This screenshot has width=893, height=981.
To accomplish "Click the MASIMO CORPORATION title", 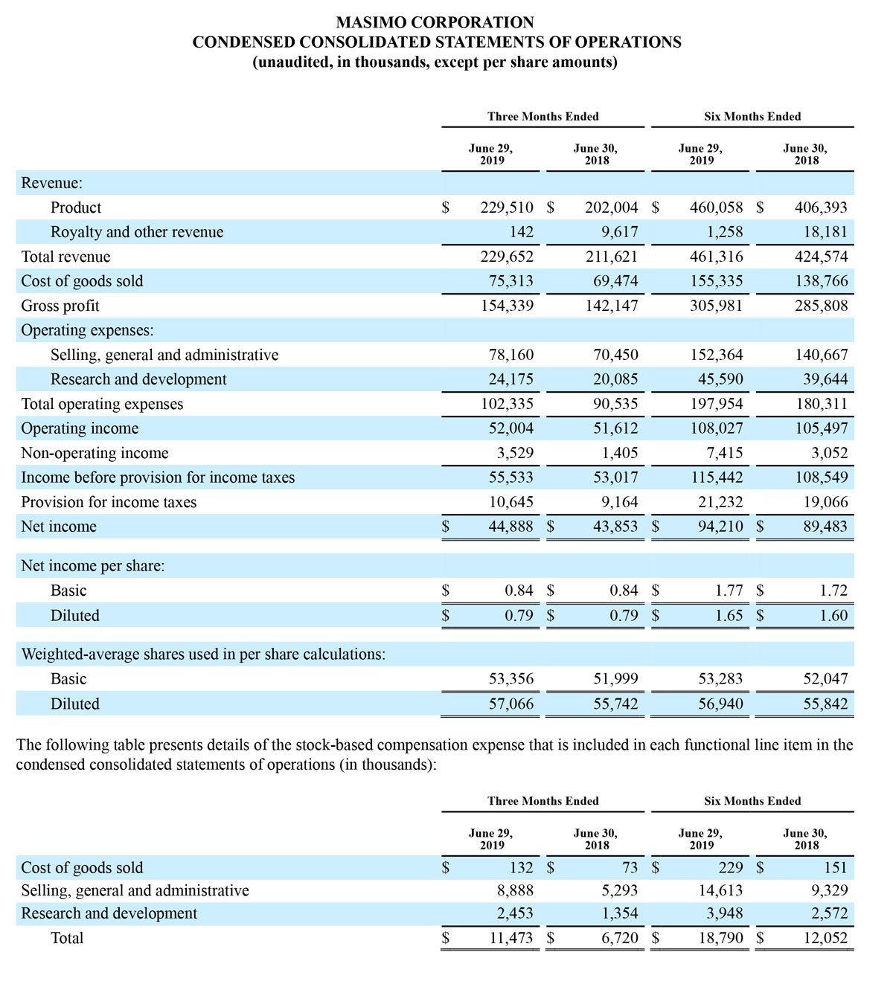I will click(436, 22).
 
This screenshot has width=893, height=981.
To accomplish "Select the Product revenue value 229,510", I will click(507, 208).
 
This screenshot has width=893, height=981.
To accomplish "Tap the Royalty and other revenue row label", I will click(136, 232).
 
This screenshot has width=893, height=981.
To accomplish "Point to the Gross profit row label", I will click(60, 306).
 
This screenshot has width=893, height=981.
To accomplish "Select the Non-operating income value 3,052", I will click(829, 453).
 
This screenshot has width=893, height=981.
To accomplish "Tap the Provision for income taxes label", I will click(109, 502).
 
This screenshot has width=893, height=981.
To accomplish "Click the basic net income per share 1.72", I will click(833, 591).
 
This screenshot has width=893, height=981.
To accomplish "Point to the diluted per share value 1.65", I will click(729, 616).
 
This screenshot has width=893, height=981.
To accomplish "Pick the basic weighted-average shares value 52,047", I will click(825, 679).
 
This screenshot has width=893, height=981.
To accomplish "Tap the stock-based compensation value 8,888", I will click(515, 890).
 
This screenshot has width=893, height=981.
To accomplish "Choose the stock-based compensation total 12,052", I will click(825, 938).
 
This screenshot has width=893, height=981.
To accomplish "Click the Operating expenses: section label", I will click(87, 330).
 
